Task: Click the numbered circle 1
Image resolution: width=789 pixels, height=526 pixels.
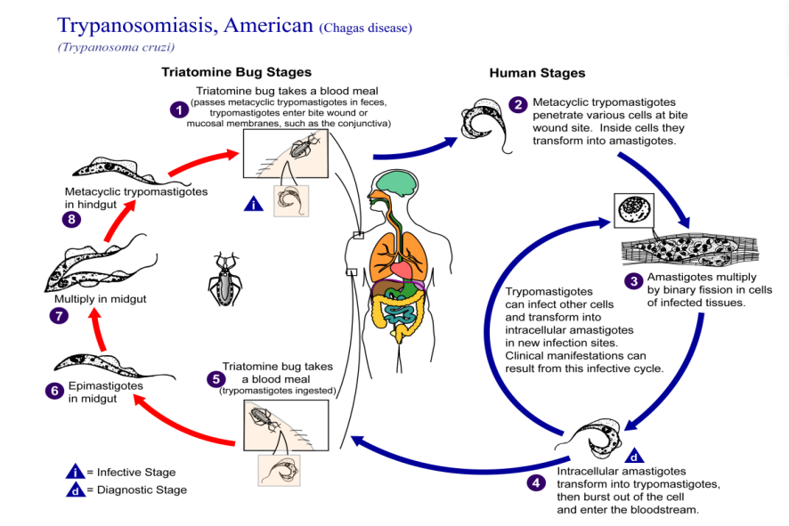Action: click(181, 109)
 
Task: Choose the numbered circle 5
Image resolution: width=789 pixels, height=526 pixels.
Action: click(215, 378)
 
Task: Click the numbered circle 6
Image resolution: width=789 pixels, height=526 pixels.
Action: click(53, 389)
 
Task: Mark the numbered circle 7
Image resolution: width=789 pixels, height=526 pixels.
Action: click(59, 315)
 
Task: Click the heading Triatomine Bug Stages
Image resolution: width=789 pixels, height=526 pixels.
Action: click(236, 72)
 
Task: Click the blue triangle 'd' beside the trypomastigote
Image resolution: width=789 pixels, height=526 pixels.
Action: click(635, 456)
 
